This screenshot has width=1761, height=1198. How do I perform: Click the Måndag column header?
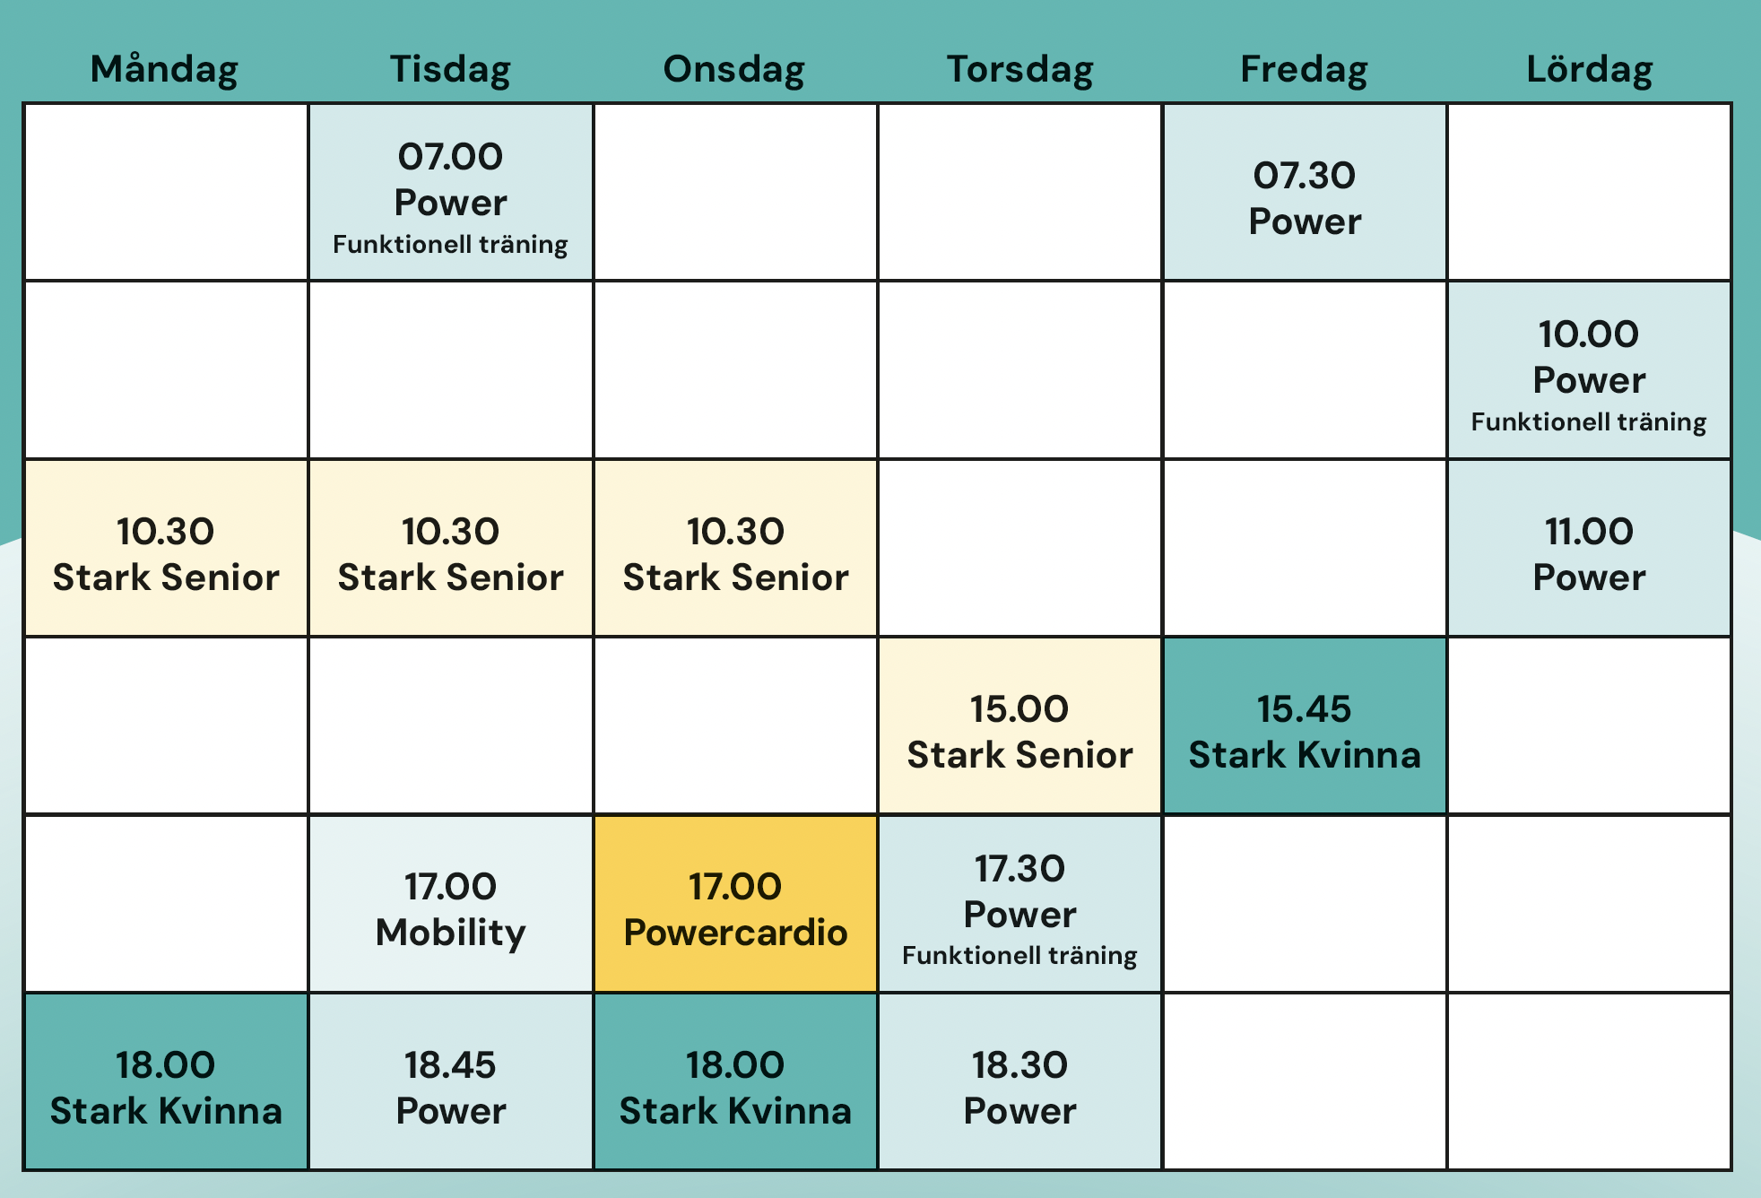click(x=164, y=70)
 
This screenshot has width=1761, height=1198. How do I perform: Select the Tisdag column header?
click(x=450, y=70)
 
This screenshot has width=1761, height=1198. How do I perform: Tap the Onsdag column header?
click(x=734, y=70)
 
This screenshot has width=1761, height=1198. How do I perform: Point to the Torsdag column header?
click(x=1020, y=70)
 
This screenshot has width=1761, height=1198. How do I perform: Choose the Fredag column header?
click(x=1305, y=70)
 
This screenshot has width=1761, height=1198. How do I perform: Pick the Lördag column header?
click(x=1590, y=70)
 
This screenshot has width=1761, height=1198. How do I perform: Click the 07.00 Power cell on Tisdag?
click(x=451, y=192)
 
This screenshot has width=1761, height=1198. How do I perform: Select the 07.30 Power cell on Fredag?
click(x=1305, y=192)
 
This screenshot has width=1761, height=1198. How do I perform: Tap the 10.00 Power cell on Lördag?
click(x=1590, y=370)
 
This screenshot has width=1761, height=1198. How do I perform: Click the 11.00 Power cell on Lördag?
click(x=1590, y=548)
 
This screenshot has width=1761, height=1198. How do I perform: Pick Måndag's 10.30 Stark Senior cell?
click(x=166, y=548)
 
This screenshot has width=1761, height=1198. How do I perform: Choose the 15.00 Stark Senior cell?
click(x=1020, y=725)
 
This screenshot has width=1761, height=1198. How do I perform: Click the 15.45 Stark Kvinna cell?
click(x=1305, y=725)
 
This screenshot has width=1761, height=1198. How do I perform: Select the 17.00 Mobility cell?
click(x=451, y=904)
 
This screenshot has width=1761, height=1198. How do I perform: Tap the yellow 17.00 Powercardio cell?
click(x=735, y=904)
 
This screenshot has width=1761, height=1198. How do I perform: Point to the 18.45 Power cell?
click(x=451, y=1081)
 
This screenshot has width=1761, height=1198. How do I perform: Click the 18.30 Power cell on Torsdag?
click(x=1020, y=1081)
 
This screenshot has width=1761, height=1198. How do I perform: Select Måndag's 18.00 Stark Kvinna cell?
click(x=166, y=1081)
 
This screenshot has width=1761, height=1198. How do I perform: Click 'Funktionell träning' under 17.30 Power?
click(x=1020, y=956)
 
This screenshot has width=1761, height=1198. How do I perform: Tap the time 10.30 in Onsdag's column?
click(x=735, y=531)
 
